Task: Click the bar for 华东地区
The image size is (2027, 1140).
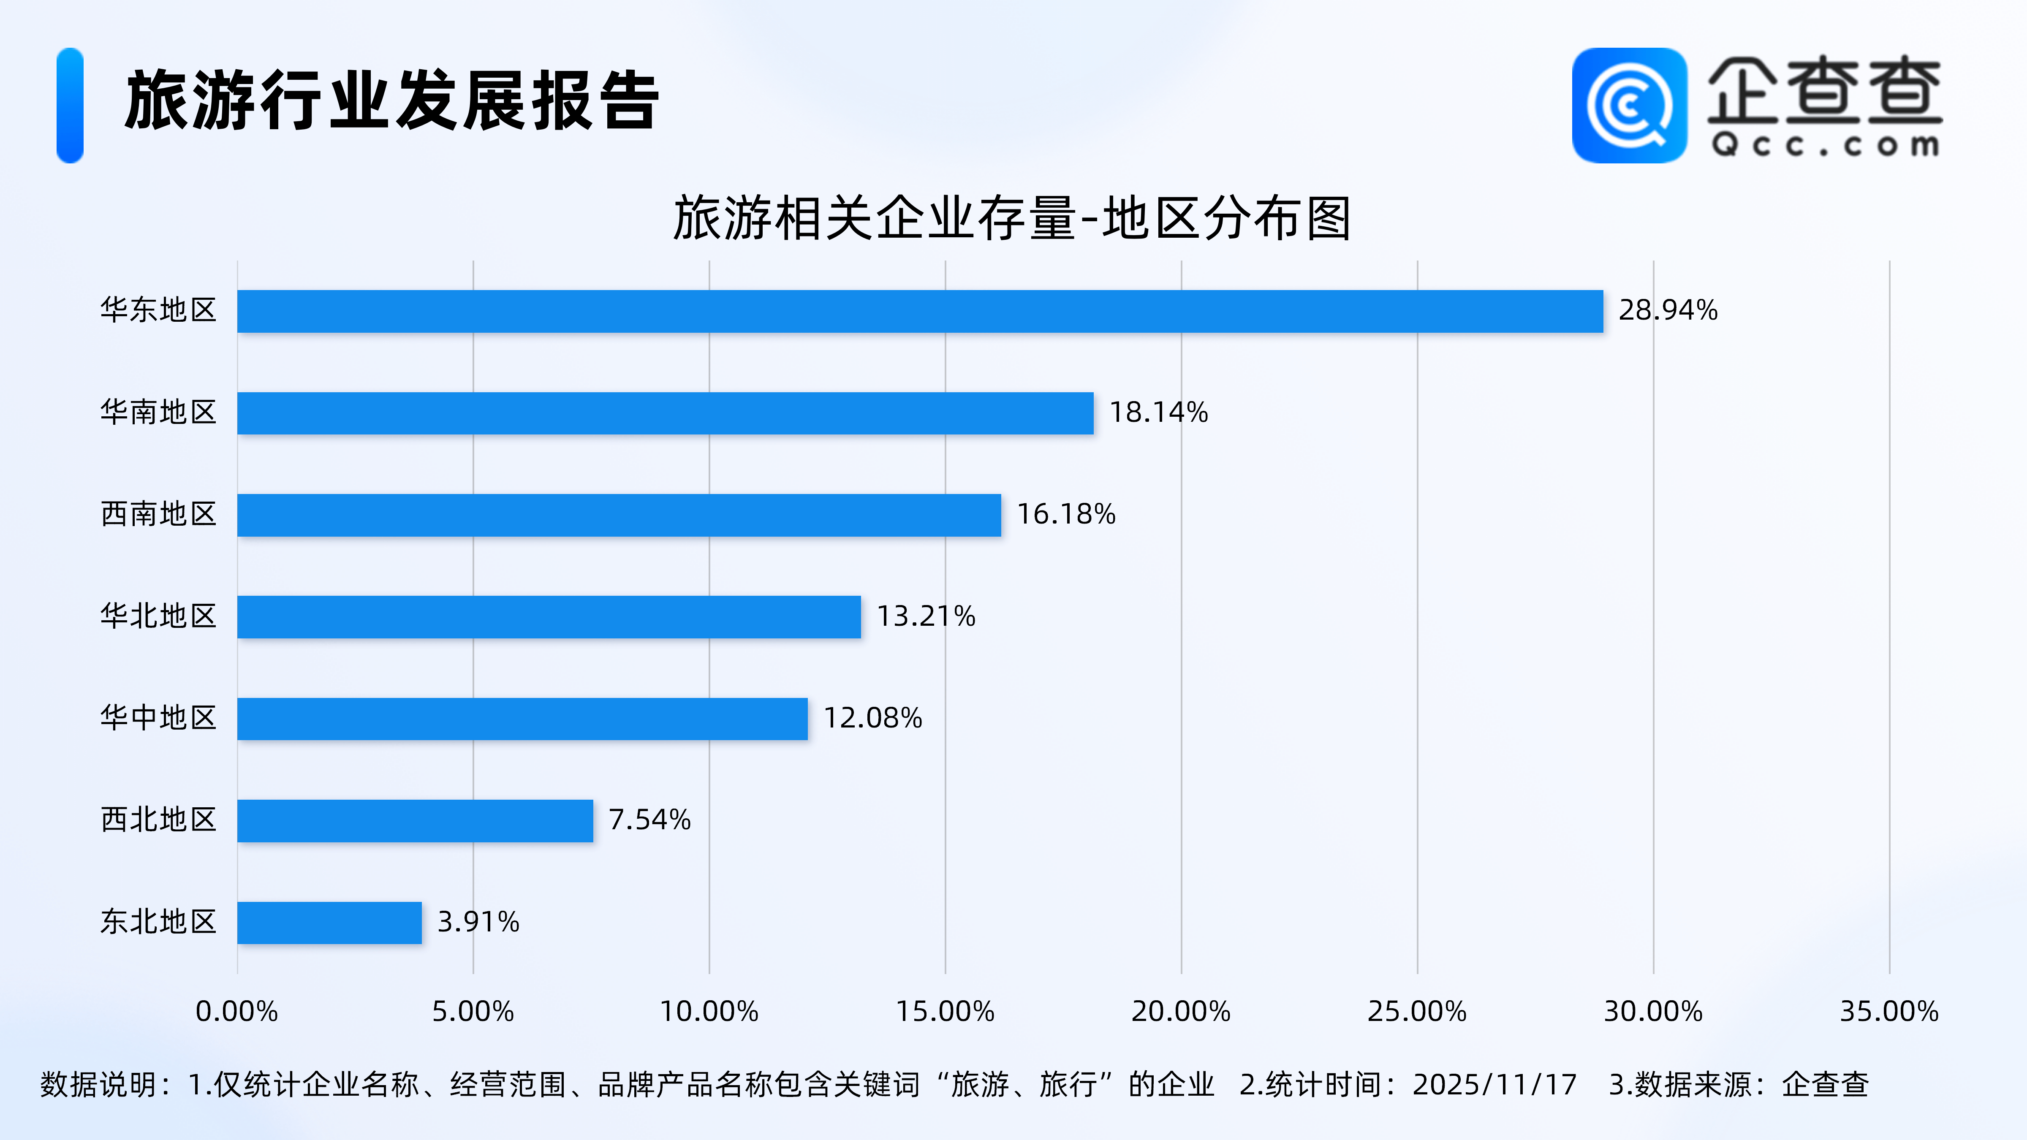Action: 920,312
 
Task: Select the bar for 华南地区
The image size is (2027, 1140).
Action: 665,413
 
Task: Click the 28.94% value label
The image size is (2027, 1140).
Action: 1667,311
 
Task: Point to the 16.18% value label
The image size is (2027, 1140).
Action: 1066,515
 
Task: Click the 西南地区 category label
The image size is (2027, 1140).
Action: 158,515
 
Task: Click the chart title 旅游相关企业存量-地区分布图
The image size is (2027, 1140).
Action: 1012,219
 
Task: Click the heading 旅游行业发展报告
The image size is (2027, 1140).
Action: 392,101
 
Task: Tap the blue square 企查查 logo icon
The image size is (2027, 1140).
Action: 1629,106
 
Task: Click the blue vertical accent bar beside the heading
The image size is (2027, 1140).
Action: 70,106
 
